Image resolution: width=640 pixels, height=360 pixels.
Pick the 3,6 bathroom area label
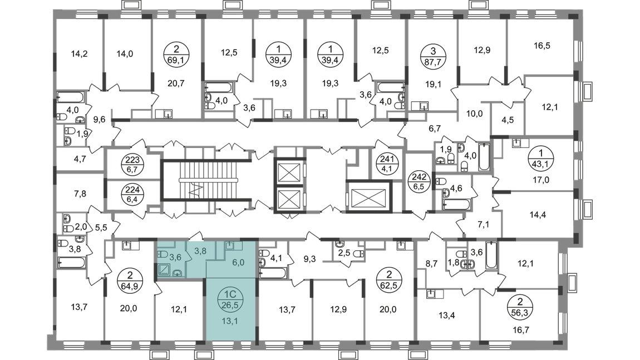[x=175, y=257]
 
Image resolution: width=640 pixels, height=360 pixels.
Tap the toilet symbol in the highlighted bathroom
[x=161, y=254]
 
